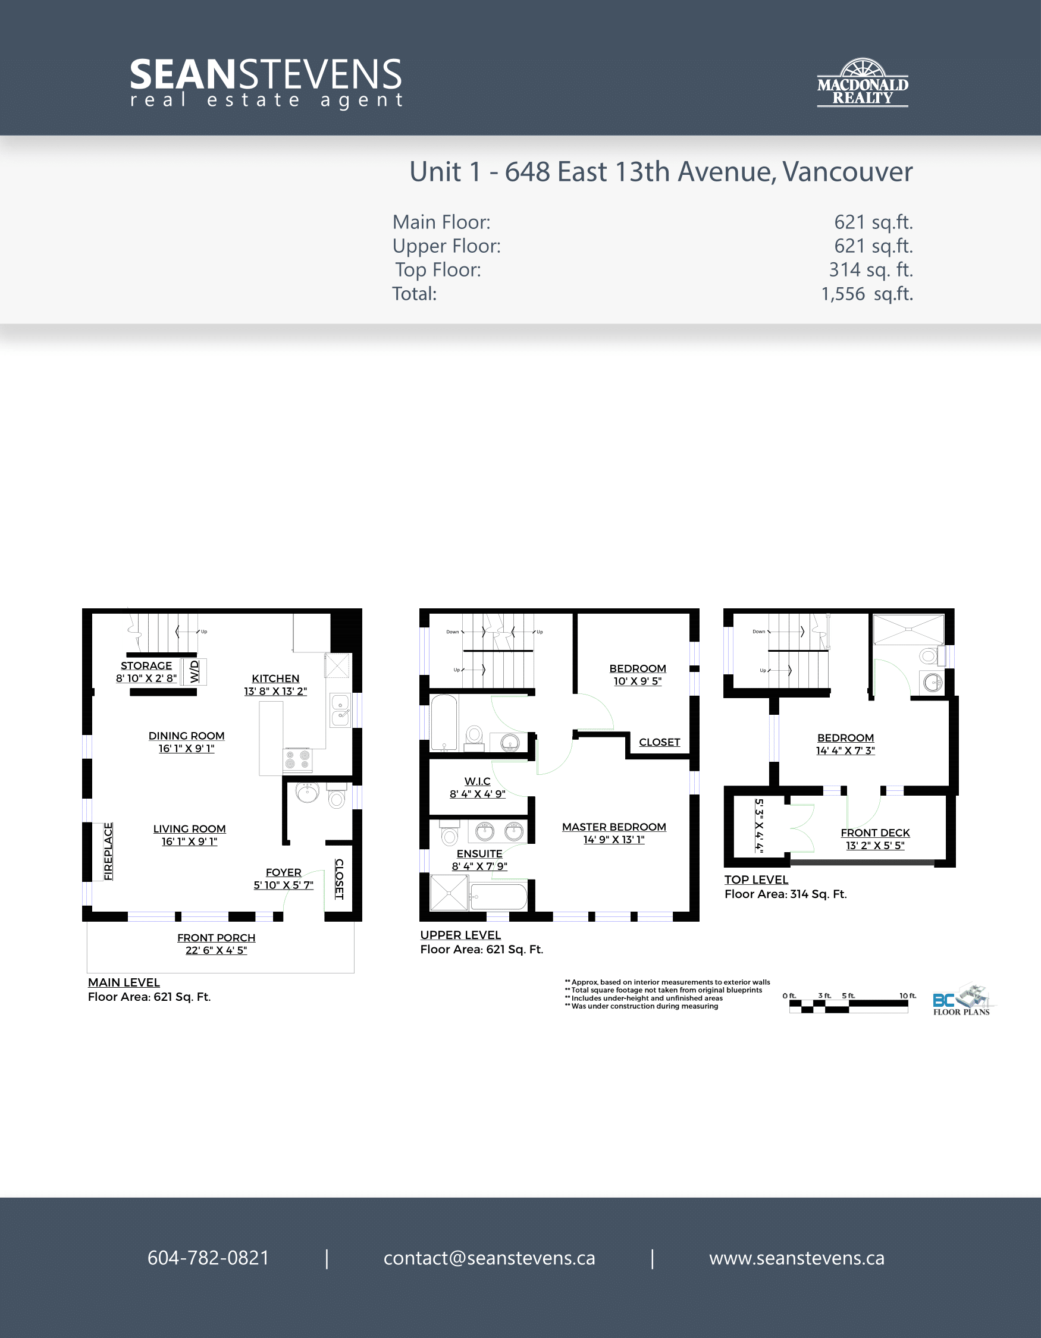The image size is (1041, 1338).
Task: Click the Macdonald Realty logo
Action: point(863,83)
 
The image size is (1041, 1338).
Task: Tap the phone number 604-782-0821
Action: point(208,1258)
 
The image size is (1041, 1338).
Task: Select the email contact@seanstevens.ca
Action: point(490,1258)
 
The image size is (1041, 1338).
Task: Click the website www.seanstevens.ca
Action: point(797,1258)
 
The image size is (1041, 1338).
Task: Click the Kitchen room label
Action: point(276,678)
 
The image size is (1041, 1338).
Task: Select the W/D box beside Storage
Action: point(195,671)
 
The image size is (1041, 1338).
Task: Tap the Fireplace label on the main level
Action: point(108,852)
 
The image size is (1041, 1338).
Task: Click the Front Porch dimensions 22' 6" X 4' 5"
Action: point(217,950)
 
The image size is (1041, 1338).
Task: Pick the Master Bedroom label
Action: point(614,827)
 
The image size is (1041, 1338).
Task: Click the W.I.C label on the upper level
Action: point(477,781)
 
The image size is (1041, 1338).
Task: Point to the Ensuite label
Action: point(479,853)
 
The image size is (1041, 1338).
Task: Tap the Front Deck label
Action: point(875,833)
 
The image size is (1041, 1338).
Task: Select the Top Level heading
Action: point(756,880)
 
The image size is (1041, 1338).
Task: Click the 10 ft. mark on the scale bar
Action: point(907,995)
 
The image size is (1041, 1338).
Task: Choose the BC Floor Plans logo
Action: point(962,1000)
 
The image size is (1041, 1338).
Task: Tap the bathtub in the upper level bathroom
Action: point(444,723)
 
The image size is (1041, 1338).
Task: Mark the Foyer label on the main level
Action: point(284,872)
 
